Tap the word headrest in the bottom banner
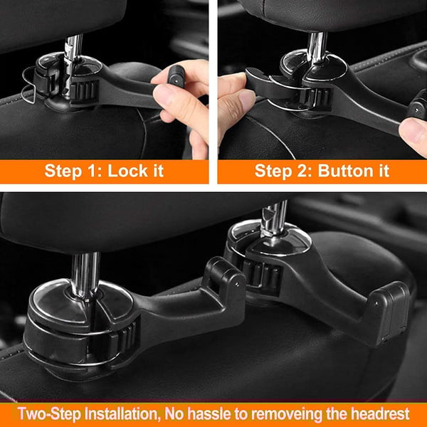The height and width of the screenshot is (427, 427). click(384, 413)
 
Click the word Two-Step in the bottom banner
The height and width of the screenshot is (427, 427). click(46, 413)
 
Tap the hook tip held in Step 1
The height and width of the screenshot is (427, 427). click(175, 73)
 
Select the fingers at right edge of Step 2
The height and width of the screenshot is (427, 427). click(413, 132)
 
